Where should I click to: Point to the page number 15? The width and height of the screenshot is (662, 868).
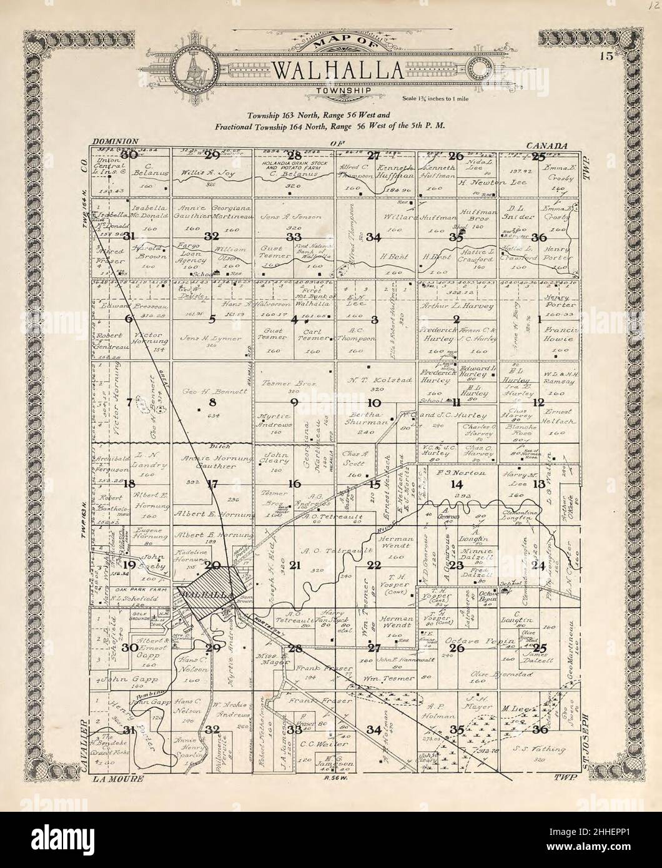[605, 57]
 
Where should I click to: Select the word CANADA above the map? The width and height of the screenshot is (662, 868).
[547, 145]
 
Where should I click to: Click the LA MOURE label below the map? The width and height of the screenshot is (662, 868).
[117, 779]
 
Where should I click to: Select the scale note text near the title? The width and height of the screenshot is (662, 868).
[439, 98]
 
